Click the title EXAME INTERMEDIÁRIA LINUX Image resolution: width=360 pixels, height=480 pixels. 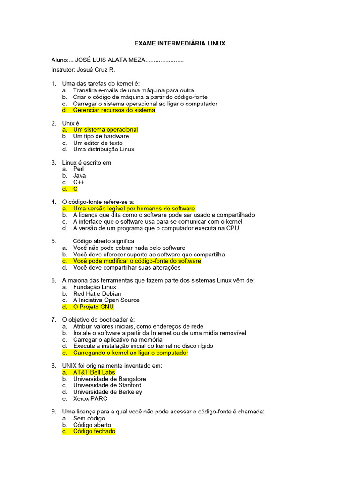[180, 44]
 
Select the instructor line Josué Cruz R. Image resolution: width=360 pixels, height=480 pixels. [83, 70]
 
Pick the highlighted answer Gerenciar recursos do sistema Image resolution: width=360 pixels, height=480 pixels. [113, 110]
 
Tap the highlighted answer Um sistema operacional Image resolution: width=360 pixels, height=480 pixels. [105, 130]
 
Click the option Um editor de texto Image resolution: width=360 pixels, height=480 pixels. [97, 143]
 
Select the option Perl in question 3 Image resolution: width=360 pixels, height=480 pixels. [78, 169]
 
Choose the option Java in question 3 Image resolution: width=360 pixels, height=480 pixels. [79, 176]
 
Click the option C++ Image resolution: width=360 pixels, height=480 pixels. [79, 182]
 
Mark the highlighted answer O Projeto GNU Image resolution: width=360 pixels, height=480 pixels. [93, 307]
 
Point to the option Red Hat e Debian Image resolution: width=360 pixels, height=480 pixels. [97, 294]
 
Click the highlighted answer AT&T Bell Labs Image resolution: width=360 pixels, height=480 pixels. [94, 372]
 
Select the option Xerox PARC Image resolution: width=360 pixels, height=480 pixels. [90, 398]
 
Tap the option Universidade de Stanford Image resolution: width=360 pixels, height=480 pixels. [107, 385]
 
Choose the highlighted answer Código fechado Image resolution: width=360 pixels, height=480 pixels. [94, 431]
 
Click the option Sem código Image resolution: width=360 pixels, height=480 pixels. [89, 418]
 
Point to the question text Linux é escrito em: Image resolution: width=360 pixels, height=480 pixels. [87, 163]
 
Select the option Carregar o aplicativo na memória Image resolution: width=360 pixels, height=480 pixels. [118, 339]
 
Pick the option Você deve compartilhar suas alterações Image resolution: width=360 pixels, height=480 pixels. [127, 268]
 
